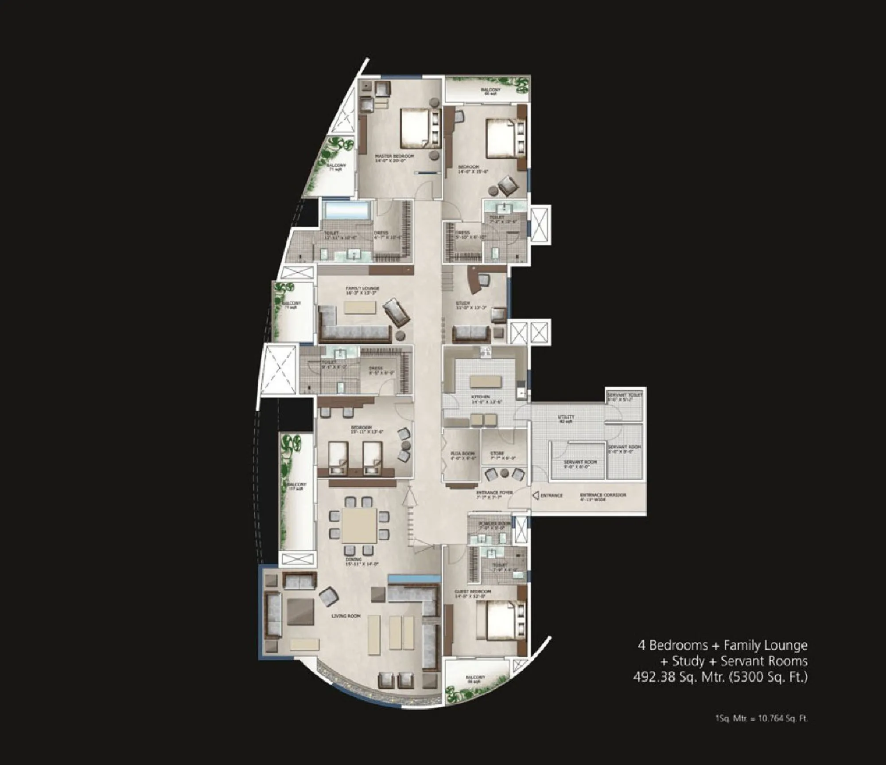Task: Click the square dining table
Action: coord(359,525)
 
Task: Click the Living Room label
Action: coord(346,616)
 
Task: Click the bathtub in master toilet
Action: coord(346,209)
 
